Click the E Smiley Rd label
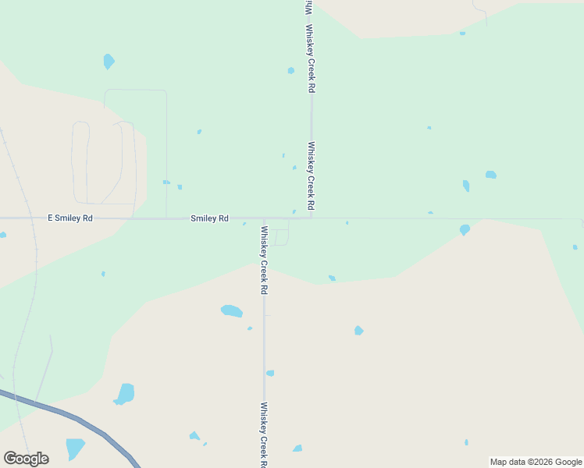pyautogui.click(x=70, y=218)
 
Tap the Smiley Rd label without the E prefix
pyautogui.click(x=209, y=218)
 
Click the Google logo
pyautogui.click(x=26, y=459)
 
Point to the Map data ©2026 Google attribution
pyautogui.click(x=536, y=462)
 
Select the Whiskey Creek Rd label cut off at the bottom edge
pyautogui.click(x=264, y=434)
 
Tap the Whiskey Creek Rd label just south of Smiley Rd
pyautogui.click(x=264, y=260)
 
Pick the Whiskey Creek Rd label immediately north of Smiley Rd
pyautogui.click(x=311, y=175)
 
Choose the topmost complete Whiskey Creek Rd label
pyautogui.click(x=311, y=59)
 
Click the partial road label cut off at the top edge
pyautogui.click(x=308, y=6)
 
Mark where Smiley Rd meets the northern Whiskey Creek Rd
pyautogui.click(x=312, y=218)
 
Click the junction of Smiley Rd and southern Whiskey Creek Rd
pyautogui.click(x=264, y=219)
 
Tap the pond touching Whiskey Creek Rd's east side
pyautogui.click(x=270, y=373)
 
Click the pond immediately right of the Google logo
pyautogui.click(x=75, y=448)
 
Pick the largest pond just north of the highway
pyautogui.click(x=124, y=393)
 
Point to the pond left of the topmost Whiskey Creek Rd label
pyautogui.click(x=291, y=70)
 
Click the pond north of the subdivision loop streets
pyautogui.click(x=109, y=61)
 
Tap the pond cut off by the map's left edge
pyautogui.click(x=2, y=234)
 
